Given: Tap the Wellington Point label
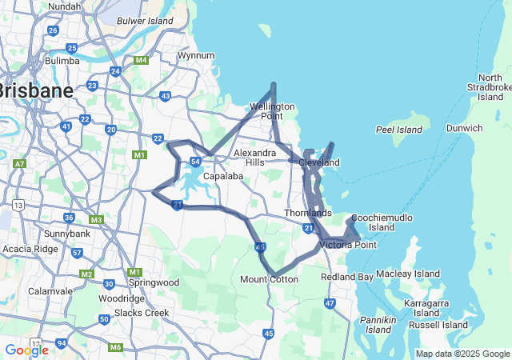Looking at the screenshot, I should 272,111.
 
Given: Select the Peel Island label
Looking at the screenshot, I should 398,130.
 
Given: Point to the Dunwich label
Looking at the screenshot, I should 464,128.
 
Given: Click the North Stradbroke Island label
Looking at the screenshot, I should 490,86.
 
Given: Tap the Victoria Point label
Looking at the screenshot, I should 347,245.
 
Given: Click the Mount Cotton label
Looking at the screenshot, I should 269,279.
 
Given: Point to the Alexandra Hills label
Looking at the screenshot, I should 255,157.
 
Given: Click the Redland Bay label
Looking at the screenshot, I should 346,277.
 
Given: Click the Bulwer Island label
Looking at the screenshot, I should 145,21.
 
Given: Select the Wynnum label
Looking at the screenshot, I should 196,55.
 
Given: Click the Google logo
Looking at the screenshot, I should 26,350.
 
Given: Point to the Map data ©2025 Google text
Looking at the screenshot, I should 462,354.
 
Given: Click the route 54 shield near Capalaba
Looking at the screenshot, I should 195,162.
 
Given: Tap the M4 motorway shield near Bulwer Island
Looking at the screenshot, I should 142,60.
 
